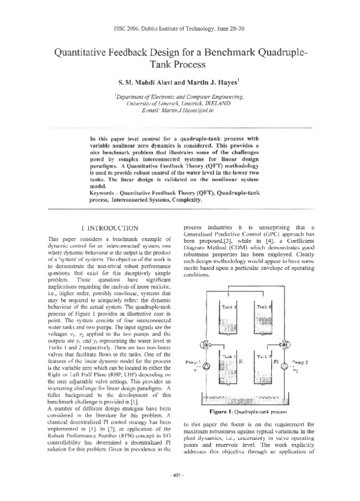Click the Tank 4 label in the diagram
264,306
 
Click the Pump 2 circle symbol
290,365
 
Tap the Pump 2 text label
316,362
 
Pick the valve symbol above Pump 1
207,346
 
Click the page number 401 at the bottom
180,491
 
